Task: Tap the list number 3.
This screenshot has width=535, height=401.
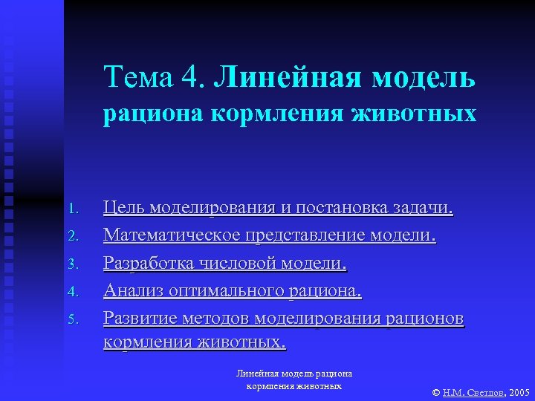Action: tap(73, 264)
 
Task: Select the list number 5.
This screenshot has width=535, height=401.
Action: tap(73, 319)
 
